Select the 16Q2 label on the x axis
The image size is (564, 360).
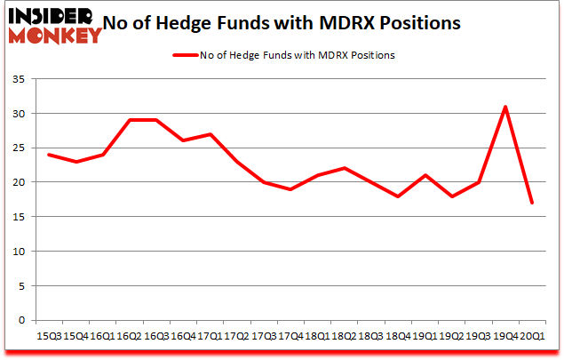click(130, 336)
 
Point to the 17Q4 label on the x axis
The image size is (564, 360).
click(291, 336)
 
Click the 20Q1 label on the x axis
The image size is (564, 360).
click(533, 336)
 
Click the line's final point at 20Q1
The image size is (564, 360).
click(532, 203)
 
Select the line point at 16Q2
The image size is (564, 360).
click(129, 120)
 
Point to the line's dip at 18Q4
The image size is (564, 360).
click(398, 196)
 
